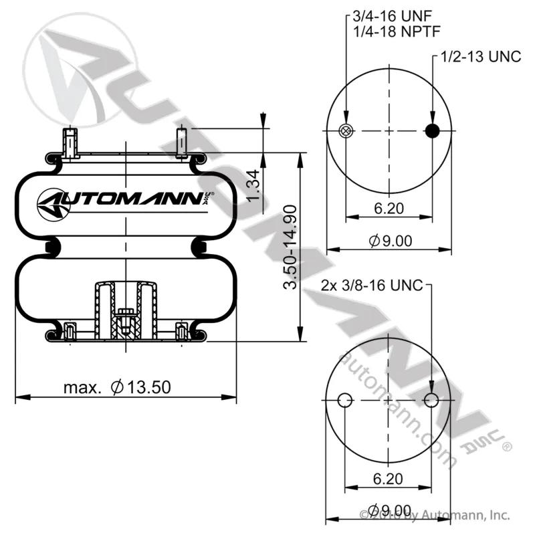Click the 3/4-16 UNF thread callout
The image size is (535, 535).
pyautogui.click(x=393, y=15)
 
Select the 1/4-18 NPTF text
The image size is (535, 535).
pyautogui.click(x=397, y=31)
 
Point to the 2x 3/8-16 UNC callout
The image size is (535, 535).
pyautogui.click(x=372, y=286)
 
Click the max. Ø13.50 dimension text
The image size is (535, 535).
pyautogui.click(x=117, y=387)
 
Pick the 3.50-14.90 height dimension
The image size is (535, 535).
pyautogui.click(x=290, y=247)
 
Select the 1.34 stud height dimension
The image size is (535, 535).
pyautogui.click(x=253, y=186)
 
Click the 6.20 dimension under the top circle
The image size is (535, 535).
pyautogui.click(x=389, y=208)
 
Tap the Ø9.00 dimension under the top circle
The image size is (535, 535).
pyautogui.click(x=391, y=241)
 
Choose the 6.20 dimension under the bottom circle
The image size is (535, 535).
pyautogui.click(x=388, y=479)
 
